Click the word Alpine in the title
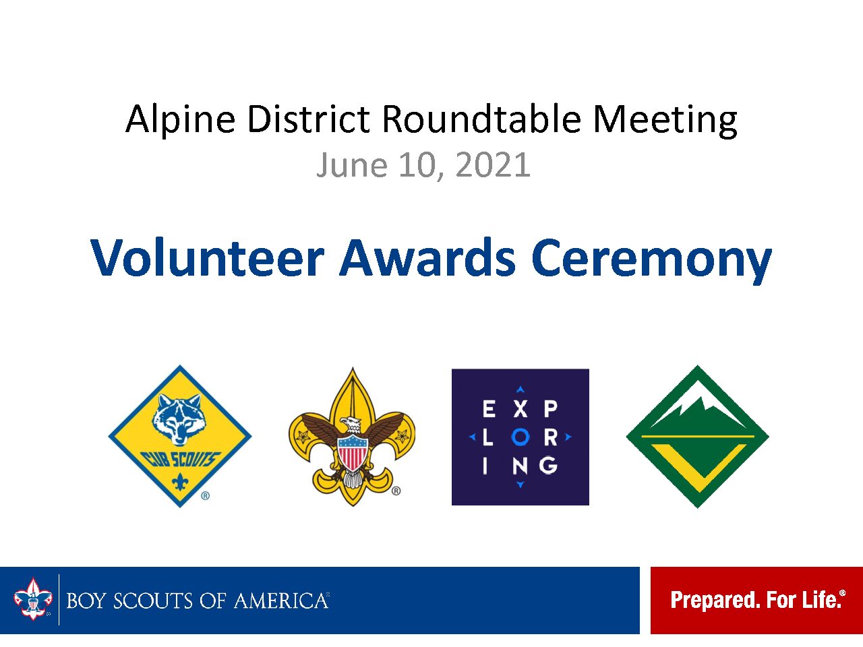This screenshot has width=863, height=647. [x=181, y=119]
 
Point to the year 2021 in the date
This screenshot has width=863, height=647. [x=493, y=164]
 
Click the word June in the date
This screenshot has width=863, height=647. [x=352, y=165]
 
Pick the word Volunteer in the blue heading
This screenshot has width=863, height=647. [x=207, y=257]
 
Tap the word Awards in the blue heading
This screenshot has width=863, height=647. [x=427, y=257]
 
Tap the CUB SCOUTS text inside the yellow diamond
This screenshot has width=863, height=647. [x=181, y=459]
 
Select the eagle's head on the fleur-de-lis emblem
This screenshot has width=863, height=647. [x=351, y=425]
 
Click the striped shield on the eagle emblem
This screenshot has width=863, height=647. [x=353, y=452]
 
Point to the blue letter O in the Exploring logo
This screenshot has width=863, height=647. [x=520, y=437]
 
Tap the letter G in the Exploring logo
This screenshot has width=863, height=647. [x=548, y=466]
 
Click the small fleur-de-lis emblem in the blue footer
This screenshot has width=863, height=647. [x=33, y=599]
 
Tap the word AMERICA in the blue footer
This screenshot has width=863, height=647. [x=282, y=601]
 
